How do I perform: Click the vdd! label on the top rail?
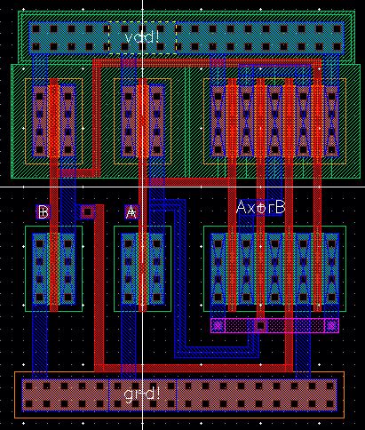(141, 37)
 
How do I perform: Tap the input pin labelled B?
(43, 211)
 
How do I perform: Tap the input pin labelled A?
(131, 211)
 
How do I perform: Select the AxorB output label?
(260, 207)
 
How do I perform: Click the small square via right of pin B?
(87, 211)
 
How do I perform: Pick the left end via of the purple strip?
(218, 325)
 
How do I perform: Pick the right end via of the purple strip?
(331, 325)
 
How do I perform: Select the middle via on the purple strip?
(260, 325)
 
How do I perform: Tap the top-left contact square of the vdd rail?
(36, 28)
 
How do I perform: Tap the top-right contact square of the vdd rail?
(333, 28)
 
